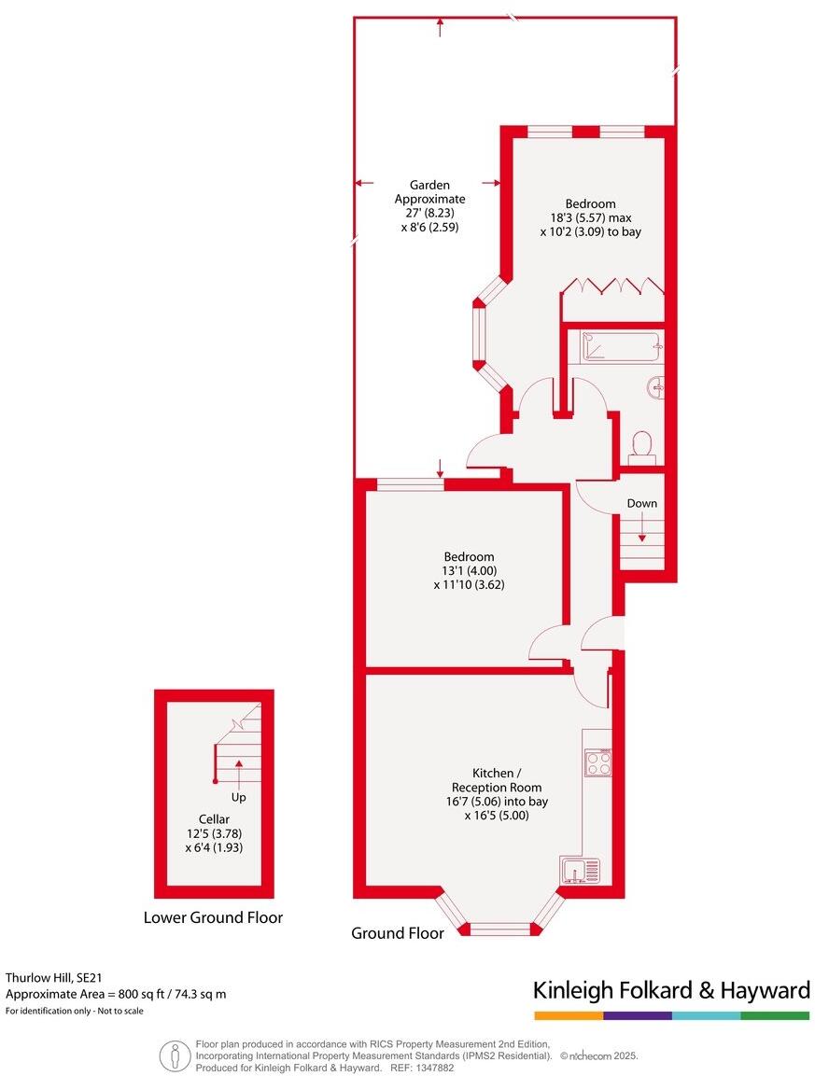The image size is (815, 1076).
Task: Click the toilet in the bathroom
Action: [x=641, y=446]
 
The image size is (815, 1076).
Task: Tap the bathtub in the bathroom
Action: [x=621, y=346]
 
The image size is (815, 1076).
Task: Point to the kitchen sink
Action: [x=585, y=870]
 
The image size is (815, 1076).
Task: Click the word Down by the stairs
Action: [x=641, y=503]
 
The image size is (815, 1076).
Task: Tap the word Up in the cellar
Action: [x=239, y=798]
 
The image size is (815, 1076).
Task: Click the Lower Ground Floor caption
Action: [x=213, y=917]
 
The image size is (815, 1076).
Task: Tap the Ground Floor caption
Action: [x=391, y=932]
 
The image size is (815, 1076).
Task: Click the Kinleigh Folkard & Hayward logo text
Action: [x=671, y=990]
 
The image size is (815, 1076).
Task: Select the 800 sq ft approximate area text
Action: [x=117, y=994]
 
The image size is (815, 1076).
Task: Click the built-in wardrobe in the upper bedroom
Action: [x=612, y=286]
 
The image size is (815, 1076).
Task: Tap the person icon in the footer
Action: [x=174, y=1055]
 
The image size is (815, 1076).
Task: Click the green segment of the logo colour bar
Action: [x=775, y=1015]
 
